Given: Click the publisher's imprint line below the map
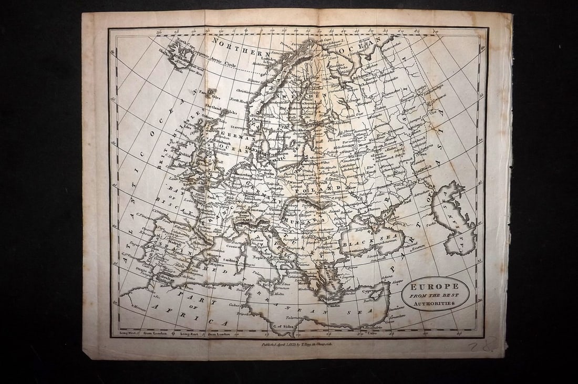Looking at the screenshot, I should pos(302,345).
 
